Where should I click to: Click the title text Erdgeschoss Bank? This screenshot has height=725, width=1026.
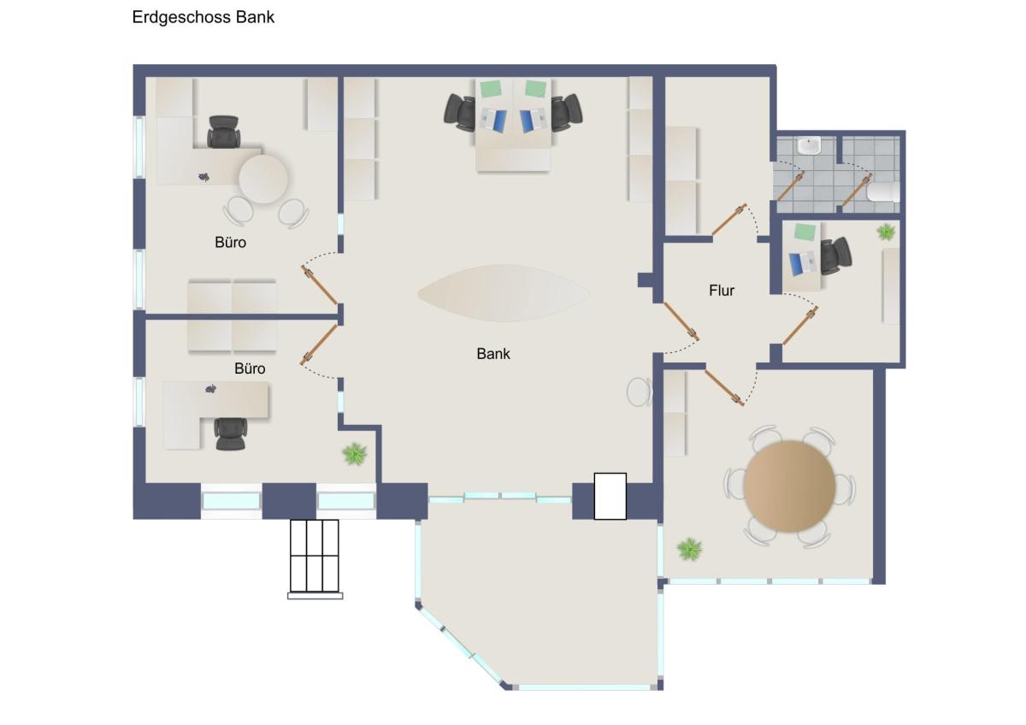(x=203, y=17)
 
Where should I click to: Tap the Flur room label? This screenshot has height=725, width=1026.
(x=722, y=291)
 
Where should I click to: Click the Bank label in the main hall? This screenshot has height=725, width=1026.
(x=493, y=354)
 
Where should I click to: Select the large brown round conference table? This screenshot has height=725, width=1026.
(x=789, y=486)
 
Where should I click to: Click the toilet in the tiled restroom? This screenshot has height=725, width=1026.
(x=883, y=192)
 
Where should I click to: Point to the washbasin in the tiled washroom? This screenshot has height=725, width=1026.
(x=810, y=145)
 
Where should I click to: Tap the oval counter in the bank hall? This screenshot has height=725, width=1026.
(x=503, y=292)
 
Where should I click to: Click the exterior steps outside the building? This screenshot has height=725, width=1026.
(x=315, y=559)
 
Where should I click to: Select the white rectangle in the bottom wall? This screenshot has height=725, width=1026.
(x=610, y=496)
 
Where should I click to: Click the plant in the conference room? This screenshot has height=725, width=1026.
(x=689, y=549)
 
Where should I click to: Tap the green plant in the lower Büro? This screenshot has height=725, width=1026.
(x=355, y=454)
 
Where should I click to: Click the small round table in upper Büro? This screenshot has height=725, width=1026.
(x=263, y=179)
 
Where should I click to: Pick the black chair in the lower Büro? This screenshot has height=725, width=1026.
(x=230, y=433)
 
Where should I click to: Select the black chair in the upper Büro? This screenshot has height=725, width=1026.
(x=223, y=132)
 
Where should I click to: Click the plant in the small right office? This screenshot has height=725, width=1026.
(x=886, y=232)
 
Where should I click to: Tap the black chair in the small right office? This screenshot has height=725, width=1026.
(x=835, y=256)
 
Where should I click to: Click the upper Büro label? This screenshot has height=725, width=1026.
(x=230, y=242)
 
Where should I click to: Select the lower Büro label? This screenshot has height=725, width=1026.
(x=250, y=368)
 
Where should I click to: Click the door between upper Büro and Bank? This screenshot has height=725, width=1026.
(x=319, y=285)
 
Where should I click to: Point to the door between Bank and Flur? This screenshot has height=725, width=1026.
(x=681, y=321)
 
